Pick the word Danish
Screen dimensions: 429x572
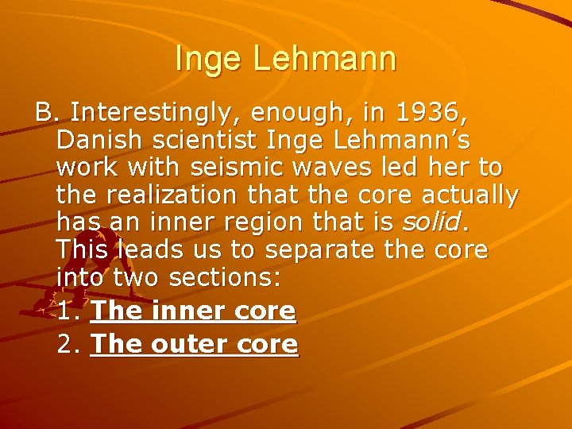coord(99,141)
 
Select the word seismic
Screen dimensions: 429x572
coord(249,168)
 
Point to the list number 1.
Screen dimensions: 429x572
coord(68,311)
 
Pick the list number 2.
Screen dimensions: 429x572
coord(68,344)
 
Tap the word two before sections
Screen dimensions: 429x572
coord(135,278)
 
